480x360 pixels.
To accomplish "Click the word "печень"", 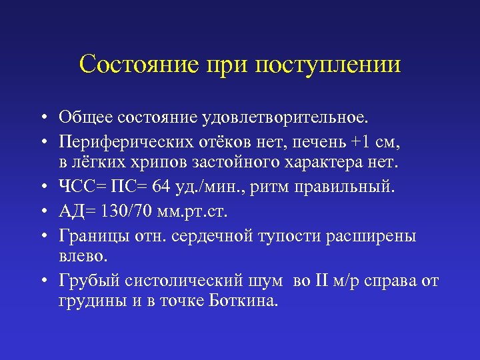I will (327, 141).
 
